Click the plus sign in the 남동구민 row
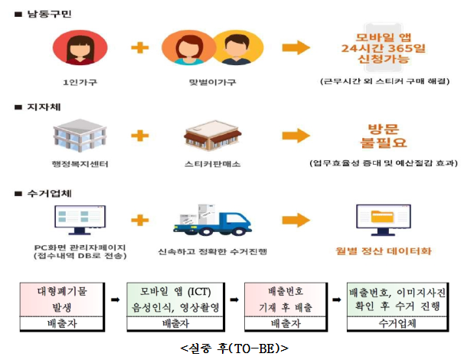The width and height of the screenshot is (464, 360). (139, 47)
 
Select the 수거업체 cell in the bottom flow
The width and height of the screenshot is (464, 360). (397, 324)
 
